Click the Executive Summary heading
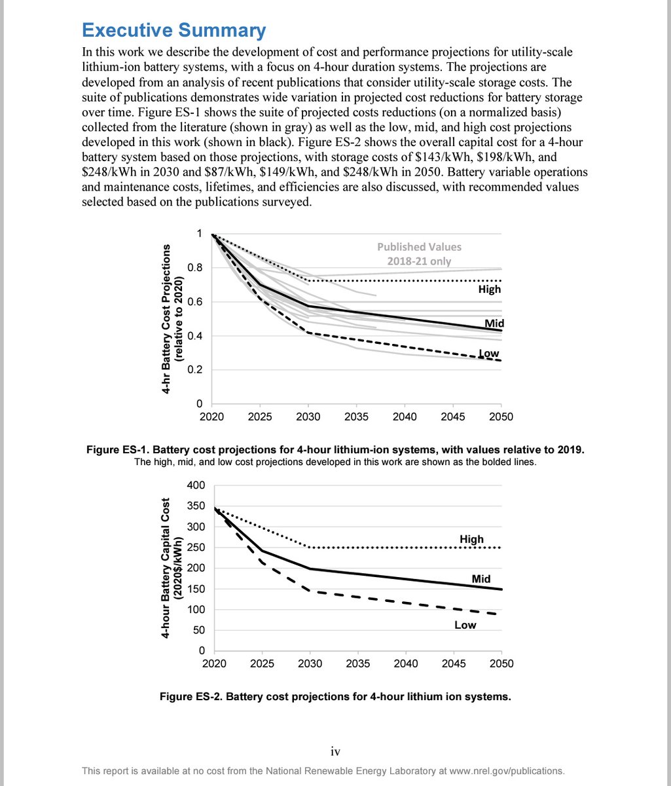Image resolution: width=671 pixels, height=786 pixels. tap(173, 31)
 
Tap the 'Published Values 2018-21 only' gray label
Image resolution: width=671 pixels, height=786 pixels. tap(419, 254)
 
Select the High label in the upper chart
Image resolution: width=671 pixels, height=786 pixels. tap(490, 289)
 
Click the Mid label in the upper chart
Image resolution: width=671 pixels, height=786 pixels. tap(494, 323)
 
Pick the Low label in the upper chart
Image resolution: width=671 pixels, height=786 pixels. tap(489, 354)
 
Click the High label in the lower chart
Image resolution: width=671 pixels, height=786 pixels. tap(471, 539)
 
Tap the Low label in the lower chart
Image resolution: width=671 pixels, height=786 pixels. tap(465, 625)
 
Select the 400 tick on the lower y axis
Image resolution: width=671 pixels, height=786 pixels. tap(196, 485)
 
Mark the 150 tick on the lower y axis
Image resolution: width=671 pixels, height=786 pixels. tap(196, 589)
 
